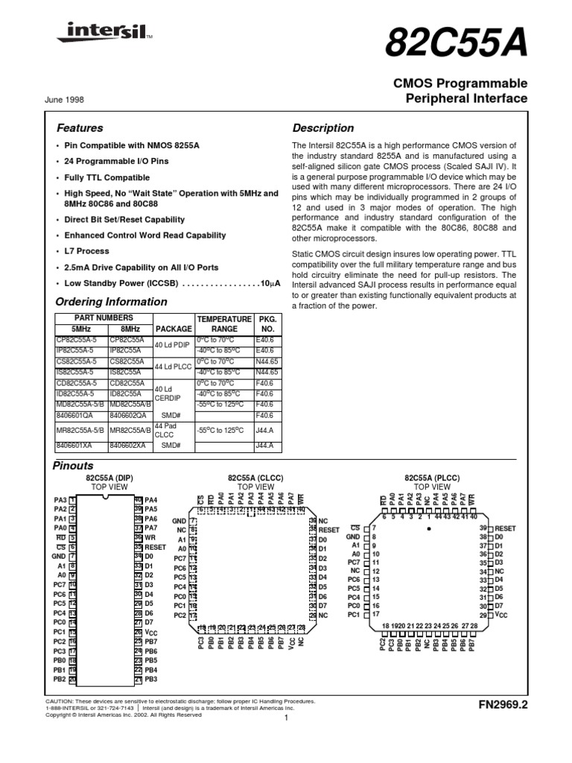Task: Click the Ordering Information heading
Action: (x=112, y=302)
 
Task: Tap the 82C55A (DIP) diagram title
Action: (x=109, y=477)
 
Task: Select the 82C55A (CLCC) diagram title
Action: (x=255, y=477)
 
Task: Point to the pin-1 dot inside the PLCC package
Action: (x=429, y=528)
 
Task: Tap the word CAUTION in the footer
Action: (x=62, y=701)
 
